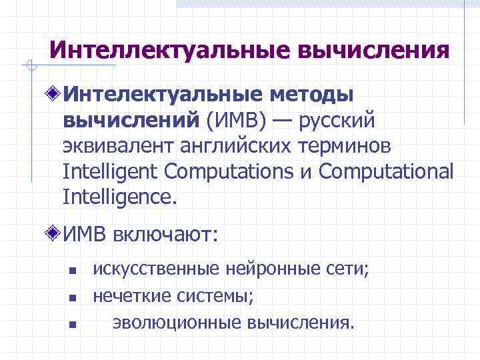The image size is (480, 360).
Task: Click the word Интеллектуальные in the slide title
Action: tap(161, 51)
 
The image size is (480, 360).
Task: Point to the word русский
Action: tap(338, 122)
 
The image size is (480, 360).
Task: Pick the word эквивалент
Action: tap(117, 147)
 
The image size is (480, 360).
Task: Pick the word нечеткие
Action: tap(131, 296)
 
